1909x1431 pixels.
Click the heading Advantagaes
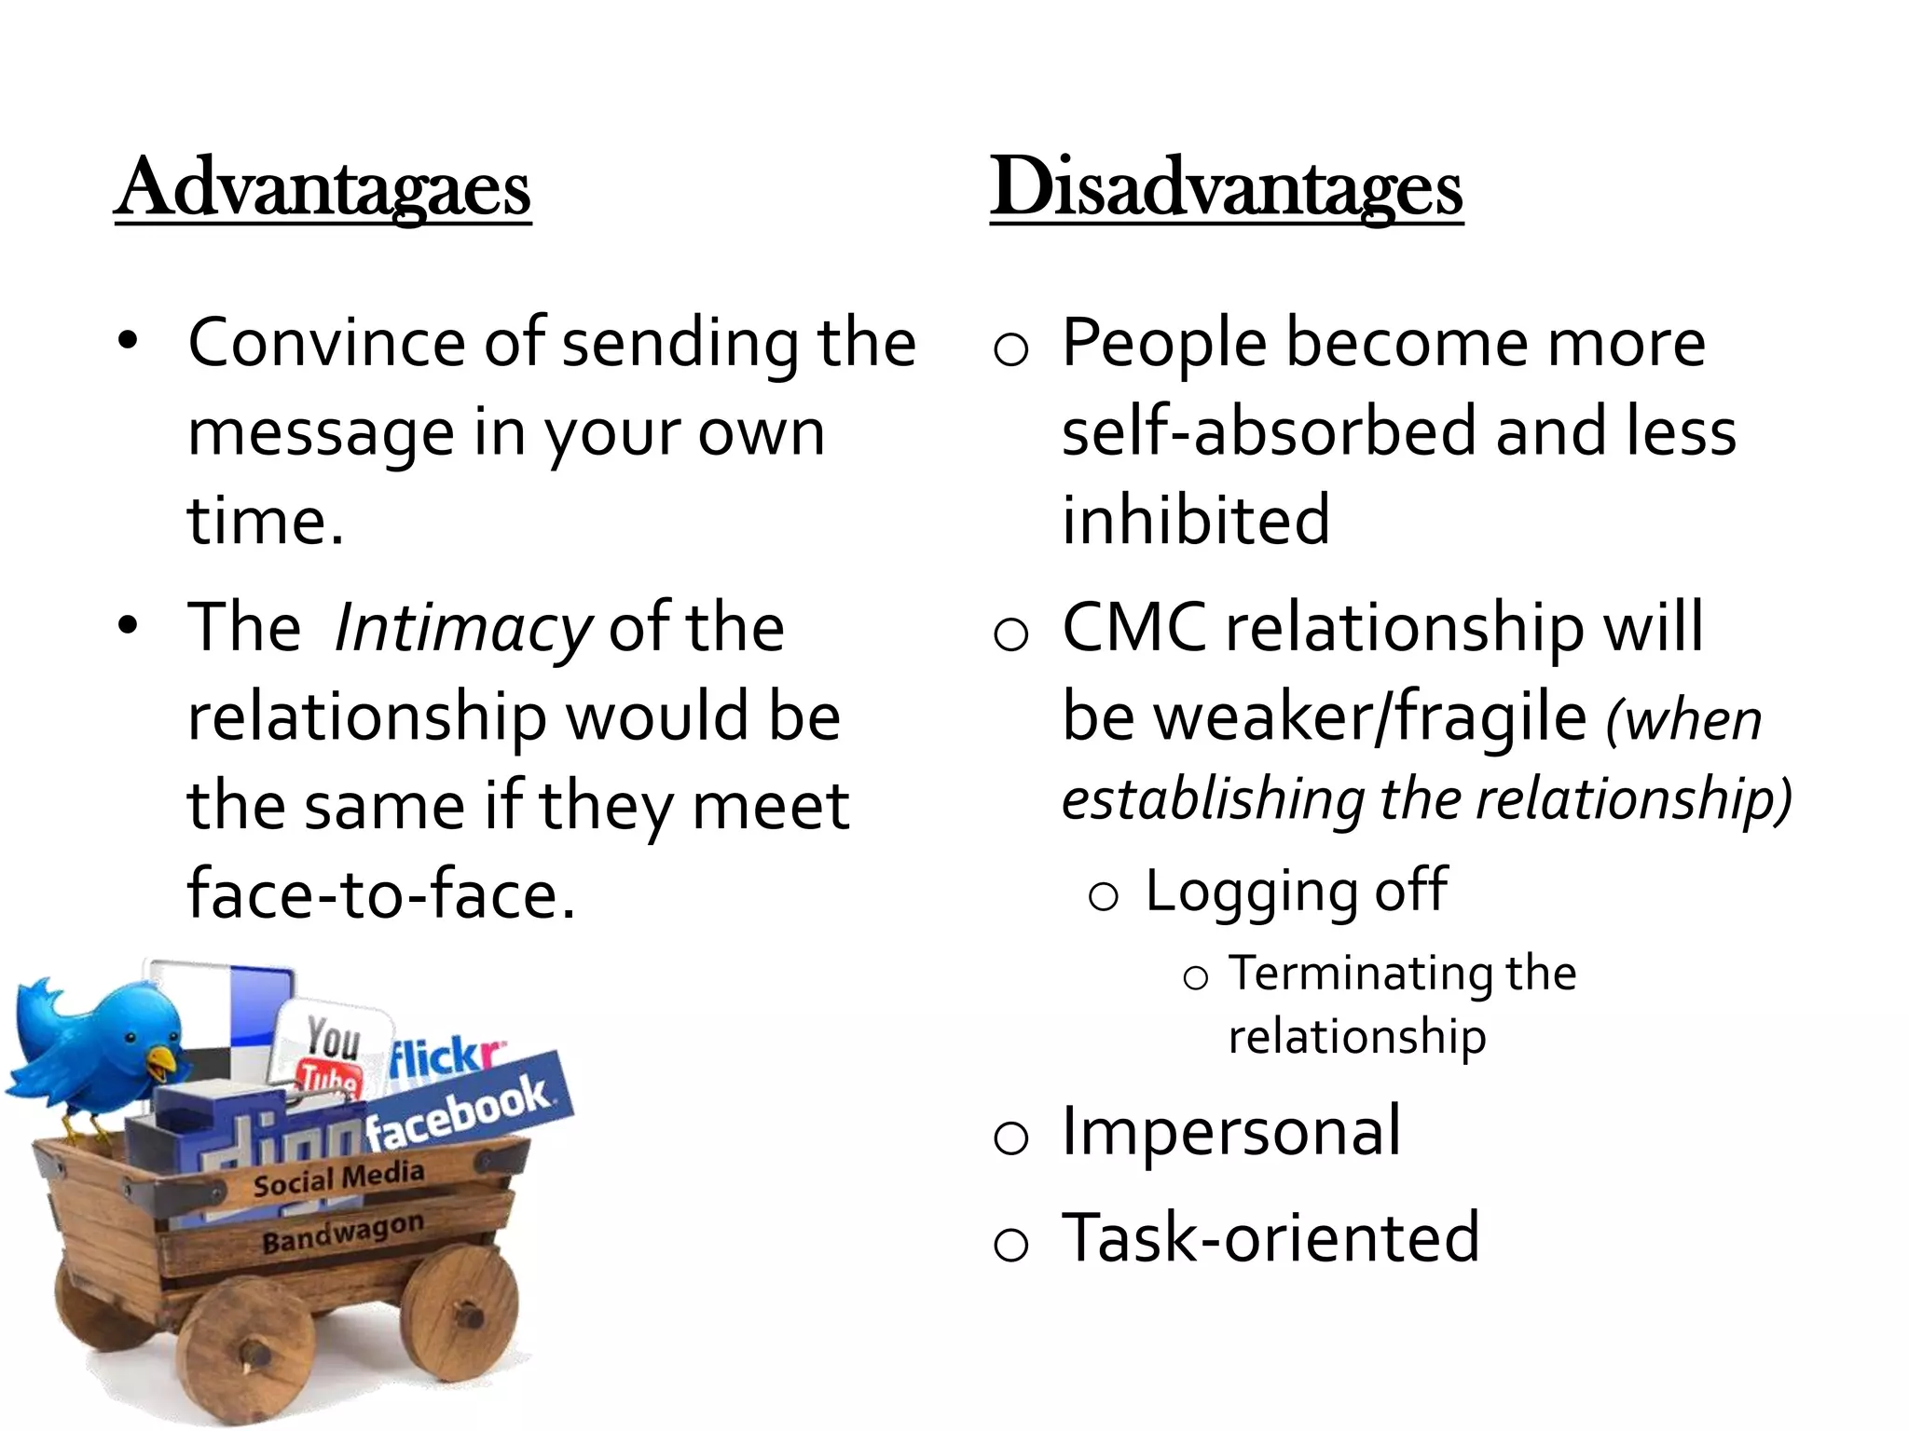point(323,189)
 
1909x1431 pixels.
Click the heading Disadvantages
point(1226,189)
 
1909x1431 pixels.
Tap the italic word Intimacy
point(462,628)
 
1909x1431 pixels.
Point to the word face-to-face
point(380,893)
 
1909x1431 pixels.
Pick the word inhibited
point(1196,520)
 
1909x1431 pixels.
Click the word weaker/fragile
point(1324,716)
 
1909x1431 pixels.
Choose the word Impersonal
point(1231,1131)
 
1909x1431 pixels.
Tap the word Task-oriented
point(1270,1238)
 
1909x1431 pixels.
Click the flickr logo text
point(446,1057)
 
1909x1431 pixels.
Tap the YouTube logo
point(331,1053)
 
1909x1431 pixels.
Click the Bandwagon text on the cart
point(342,1233)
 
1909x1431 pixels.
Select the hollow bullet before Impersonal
point(1010,1138)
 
